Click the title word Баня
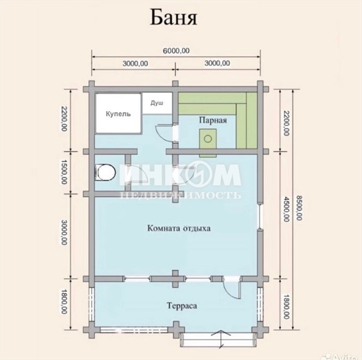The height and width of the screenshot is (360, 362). pos(174,18)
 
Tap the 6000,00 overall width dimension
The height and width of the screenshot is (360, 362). pos(176,50)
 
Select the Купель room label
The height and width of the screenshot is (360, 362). pos(118,114)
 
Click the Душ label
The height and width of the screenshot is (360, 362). pos(157,103)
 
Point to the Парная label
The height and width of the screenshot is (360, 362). pos(213,120)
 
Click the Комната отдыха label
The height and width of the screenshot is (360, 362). pos(179,229)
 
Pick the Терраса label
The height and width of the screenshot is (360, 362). pos(182,306)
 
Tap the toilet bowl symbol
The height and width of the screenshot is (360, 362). pos(105,173)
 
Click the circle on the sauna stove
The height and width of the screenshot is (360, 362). pos(208,139)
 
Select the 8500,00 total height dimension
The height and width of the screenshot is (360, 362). pos(299,208)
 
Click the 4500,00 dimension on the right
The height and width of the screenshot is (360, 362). pos(286,209)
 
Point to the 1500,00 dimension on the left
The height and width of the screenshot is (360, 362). pos(64,172)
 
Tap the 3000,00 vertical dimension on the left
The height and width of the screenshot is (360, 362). pos(64,232)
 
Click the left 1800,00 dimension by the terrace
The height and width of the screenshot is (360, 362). pos(64,302)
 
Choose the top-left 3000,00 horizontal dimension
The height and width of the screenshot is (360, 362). pos(135,63)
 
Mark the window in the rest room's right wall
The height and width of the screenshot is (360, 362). pos(261,217)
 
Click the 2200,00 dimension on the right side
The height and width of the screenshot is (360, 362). pos(286,123)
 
